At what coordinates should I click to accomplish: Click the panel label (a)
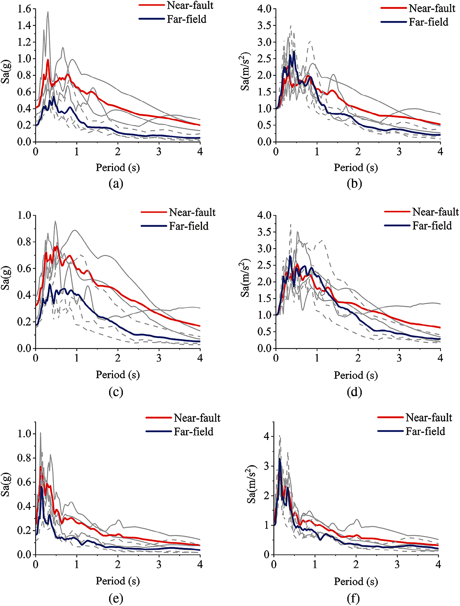(116, 184)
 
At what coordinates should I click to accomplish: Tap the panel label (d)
(354, 392)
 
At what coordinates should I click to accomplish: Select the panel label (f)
(353, 598)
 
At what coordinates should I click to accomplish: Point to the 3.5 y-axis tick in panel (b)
(264, 26)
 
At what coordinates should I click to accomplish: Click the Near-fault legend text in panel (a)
(190, 6)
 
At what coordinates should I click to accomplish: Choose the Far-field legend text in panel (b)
(428, 22)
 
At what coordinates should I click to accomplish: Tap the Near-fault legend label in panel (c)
(192, 212)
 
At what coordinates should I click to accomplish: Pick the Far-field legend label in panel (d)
(432, 226)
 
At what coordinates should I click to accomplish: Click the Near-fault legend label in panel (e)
(197, 418)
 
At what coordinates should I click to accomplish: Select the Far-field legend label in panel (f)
(425, 431)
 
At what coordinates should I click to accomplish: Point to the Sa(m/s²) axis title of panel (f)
(252, 484)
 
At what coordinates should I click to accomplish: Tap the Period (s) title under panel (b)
(356, 168)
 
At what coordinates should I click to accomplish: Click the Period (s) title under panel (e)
(118, 581)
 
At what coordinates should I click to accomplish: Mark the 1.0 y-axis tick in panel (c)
(24, 215)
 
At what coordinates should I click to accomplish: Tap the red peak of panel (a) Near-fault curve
(48, 60)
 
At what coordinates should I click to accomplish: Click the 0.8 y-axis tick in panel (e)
(24, 458)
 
